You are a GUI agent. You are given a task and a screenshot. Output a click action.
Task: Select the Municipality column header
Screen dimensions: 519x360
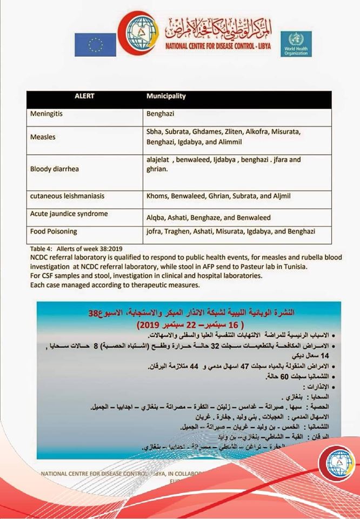(166, 97)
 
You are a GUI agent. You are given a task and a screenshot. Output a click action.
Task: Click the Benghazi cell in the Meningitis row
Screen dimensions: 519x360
(161, 115)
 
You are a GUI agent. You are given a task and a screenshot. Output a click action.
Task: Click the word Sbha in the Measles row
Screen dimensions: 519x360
(155, 132)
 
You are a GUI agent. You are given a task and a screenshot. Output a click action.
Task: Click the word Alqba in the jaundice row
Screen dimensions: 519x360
(156, 217)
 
